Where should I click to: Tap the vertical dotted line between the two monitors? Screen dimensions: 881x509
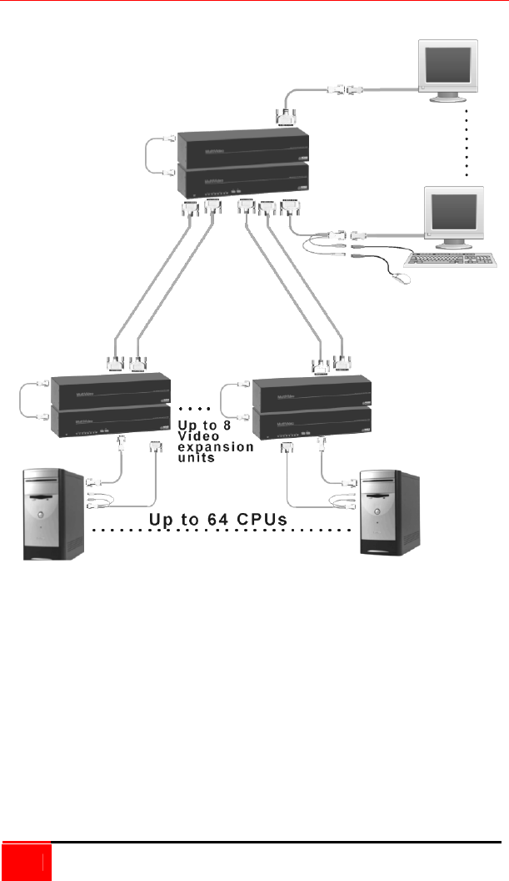pyautogui.click(x=467, y=142)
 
